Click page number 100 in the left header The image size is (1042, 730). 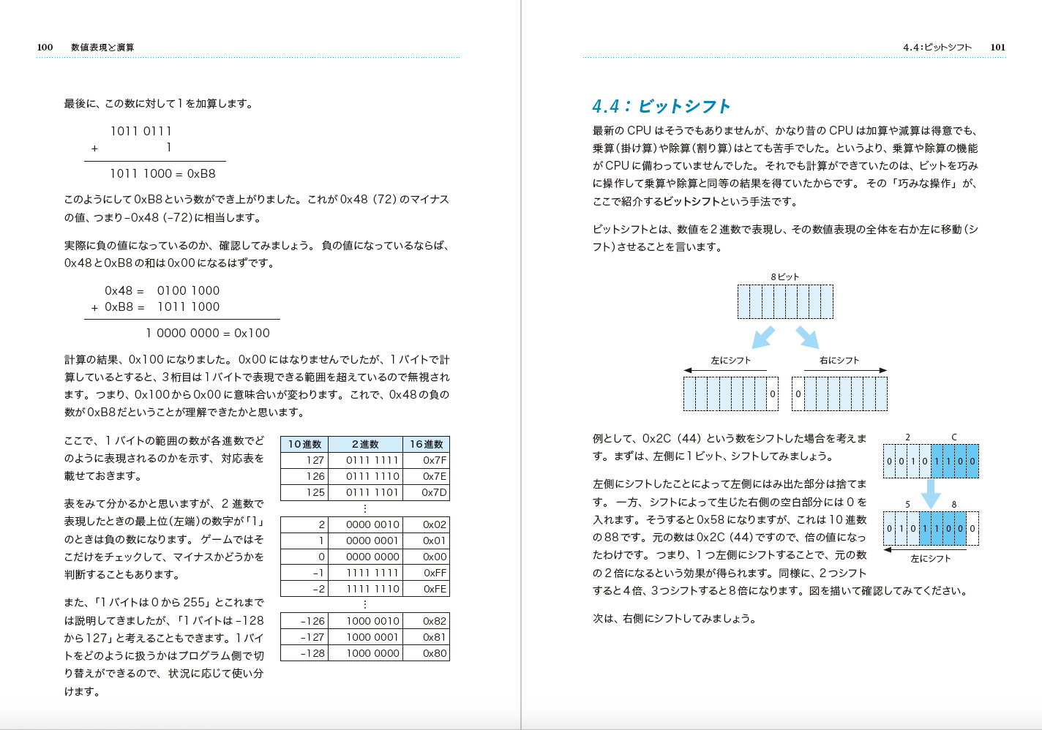pos(45,48)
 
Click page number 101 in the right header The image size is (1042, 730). pos(998,48)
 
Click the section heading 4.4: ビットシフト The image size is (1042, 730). pos(661,107)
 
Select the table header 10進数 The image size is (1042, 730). pos(304,444)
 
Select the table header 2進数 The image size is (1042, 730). pos(365,444)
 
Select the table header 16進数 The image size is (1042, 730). pos(426,444)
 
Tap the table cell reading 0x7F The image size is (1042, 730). pos(435,460)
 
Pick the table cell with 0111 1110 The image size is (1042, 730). pos(372,476)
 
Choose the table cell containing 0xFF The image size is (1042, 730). pos(435,573)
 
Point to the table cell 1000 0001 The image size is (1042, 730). pos(372,637)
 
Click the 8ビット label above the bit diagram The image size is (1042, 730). pos(784,277)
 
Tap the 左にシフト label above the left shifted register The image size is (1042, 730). pos(731,361)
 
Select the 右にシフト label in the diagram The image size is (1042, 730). pos(839,361)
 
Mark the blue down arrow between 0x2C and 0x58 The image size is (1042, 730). pos(931,493)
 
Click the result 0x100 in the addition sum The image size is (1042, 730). pos(252,334)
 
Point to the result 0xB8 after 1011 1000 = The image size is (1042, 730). pos(201,174)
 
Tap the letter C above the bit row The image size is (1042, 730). pos(954,437)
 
